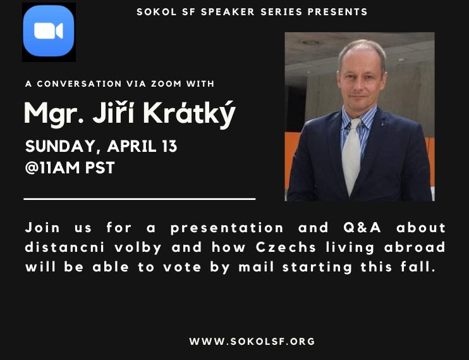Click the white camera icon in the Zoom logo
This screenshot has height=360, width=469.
[x=49, y=31]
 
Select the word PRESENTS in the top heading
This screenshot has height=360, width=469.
[x=338, y=12]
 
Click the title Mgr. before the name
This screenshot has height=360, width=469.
[x=54, y=114]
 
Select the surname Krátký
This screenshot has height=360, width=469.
[x=190, y=114]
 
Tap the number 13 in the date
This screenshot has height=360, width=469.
[x=169, y=146]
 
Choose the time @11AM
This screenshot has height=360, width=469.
[x=52, y=168]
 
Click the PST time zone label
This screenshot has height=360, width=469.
[x=100, y=168]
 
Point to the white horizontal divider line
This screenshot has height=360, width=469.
[x=140, y=199]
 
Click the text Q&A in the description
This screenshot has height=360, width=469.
[x=362, y=228]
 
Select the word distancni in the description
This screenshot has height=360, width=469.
[x=65, y=247]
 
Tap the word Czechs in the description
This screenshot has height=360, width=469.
[x=286, y=247]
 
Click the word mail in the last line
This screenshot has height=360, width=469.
[x=256, y=267]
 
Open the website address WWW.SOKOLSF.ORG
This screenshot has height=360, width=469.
[x=252, y=342]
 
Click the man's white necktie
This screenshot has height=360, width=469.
[x=351, y=155]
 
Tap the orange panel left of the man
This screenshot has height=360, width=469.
[x=293, y=159]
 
